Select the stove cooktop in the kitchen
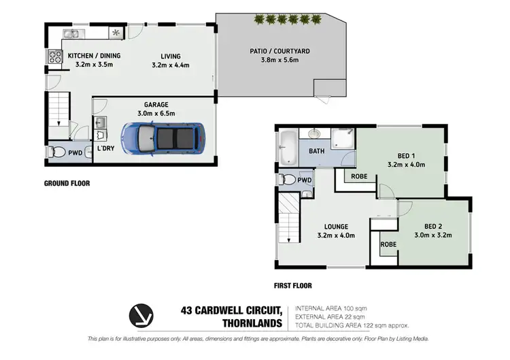point(54,58)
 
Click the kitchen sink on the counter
point(72,33)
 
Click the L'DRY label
point(105,148)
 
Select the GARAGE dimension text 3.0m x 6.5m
point(156,113)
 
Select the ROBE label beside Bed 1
point(360,176)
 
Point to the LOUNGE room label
point(337,227)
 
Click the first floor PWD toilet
point(288,180)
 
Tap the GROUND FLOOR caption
point(67,183)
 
